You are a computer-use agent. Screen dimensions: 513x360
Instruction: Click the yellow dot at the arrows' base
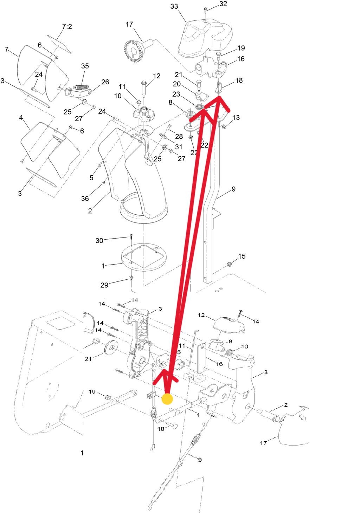point(167,399)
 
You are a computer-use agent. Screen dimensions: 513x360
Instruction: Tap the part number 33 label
point(174,6)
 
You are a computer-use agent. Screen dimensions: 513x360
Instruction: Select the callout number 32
point(223,4)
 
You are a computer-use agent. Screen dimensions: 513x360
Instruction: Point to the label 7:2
point(67,27)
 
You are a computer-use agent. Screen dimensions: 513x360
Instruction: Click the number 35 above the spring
point(85,66)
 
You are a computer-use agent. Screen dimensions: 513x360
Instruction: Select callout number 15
point(242,256)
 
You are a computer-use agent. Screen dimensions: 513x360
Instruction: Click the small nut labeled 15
point(230,264)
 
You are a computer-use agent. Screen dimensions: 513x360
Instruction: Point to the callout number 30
point(99,241)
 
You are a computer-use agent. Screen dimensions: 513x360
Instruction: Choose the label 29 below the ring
point(104,285)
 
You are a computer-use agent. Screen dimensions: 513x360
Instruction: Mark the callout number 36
point(85,199)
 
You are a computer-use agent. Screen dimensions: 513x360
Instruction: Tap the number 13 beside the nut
point(236,117)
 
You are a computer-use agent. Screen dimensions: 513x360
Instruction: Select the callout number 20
point(176,84)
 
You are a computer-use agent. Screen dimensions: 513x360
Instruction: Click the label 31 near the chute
point(179,147)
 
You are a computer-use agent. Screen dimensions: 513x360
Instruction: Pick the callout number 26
point(105,82)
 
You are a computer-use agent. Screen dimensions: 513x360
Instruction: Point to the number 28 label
point(179,136)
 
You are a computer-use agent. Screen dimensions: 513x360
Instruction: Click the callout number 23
point(176,94)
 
